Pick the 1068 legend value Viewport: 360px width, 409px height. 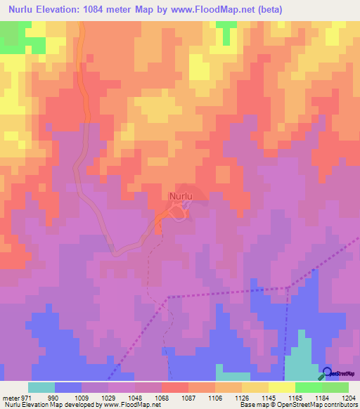(x=161, y=398)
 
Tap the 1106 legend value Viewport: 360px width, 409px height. (x=215, y=398)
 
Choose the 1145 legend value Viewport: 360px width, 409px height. (x=269, y=398)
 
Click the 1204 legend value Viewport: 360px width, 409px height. (x=349, y=398)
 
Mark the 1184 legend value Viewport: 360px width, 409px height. (x=323, y=398)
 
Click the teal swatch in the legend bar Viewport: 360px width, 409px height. (x=41, y=387)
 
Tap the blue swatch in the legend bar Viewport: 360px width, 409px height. (x=68, y=387)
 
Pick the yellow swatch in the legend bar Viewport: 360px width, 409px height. (x=281, y=387)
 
